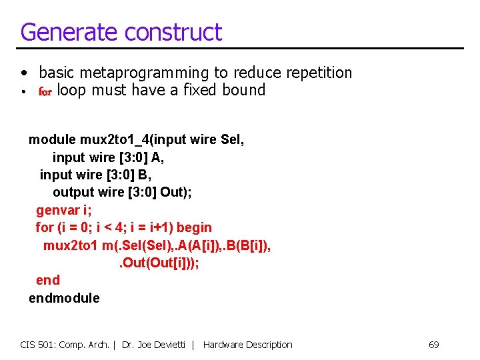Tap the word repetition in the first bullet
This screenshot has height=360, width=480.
tap(311, 73)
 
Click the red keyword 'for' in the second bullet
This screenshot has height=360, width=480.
tap(45, 92)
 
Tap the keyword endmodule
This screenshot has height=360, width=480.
tap(64, 298)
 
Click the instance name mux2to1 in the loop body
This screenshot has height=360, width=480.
tap(71, 245)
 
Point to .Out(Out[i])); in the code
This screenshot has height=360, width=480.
tap(159, 263)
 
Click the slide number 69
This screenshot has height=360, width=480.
tap(433, 345)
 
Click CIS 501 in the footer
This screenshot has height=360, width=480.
tap(37, 345)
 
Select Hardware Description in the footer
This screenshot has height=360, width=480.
tap(247, 345)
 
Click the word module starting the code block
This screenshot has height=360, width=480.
tap(52, 140)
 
